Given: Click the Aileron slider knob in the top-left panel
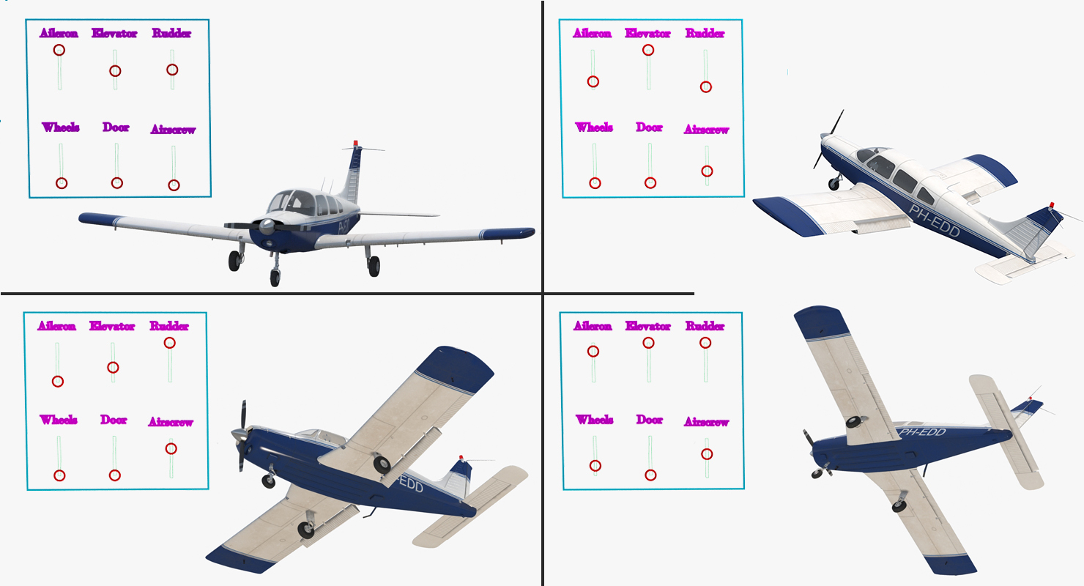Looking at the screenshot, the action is (59, 50).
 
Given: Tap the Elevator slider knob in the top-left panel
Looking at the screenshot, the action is (115, 71).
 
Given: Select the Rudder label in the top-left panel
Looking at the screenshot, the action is (172, 33).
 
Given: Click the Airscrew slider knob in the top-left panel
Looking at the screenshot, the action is (174, 185).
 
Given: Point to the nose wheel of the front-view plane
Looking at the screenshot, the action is (275, 278).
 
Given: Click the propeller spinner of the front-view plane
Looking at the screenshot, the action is (267, 226).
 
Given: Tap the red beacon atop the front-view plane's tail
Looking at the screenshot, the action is (356, 144).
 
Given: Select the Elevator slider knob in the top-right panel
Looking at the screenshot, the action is (648, 50).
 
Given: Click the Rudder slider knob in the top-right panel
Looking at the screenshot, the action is (706, 87).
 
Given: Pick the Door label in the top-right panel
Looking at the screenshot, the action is (650, 127).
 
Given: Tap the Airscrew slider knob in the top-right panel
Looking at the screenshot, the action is (707, 171).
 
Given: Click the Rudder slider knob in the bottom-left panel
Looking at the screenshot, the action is (169, 343).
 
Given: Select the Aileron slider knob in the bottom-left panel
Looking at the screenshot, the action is (58, 382).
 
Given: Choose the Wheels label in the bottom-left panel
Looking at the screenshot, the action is (59, 420).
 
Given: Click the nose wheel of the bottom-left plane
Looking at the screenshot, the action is (269, 481).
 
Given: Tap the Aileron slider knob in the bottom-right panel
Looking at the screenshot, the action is (593, 352).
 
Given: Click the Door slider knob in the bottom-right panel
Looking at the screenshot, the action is (651, 475).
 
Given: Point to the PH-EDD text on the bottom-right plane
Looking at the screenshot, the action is (922, 432).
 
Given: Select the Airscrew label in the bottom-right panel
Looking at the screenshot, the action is (707, 422).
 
